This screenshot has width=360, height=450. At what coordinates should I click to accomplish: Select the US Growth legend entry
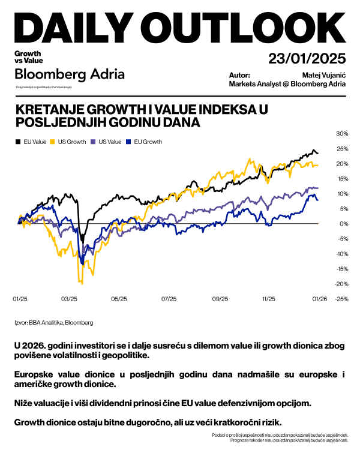(x=71, y=142)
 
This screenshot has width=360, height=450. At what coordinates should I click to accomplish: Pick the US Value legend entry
(x=107, y=142)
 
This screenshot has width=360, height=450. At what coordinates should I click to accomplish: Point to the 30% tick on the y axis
(x=342, y=133)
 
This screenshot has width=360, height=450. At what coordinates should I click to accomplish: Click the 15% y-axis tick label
(x=342, y=178)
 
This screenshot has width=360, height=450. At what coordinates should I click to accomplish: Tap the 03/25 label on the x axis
(x=70, y=298)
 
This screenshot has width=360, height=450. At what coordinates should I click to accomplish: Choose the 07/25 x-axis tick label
(x=170, y=298)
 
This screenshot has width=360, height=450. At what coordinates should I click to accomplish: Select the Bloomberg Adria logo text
(x=70, y=75)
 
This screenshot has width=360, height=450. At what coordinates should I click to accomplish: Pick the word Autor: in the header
(x=239, y=76)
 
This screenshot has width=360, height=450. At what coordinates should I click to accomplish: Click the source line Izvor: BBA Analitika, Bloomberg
(x=54, y=323)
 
